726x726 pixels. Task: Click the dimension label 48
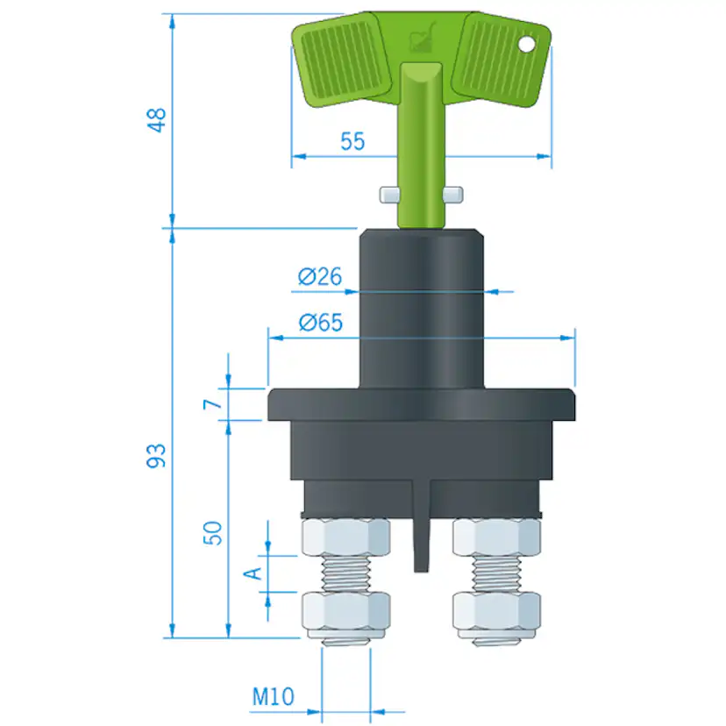[x=156, y=120]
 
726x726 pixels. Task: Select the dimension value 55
[x=352, y=141]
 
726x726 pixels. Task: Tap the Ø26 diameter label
[x=319, y=278]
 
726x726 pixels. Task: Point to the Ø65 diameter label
[x=319, y=323]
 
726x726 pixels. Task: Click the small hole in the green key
[x=527, y=42]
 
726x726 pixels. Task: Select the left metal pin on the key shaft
[x=388, y=194]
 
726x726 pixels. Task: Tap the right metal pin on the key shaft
[x=453, y=194]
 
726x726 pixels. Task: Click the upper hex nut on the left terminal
[x=345, y=537]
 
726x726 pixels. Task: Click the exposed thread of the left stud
[x=345, y=575]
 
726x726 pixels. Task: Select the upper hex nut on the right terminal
[x=495, y=537]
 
